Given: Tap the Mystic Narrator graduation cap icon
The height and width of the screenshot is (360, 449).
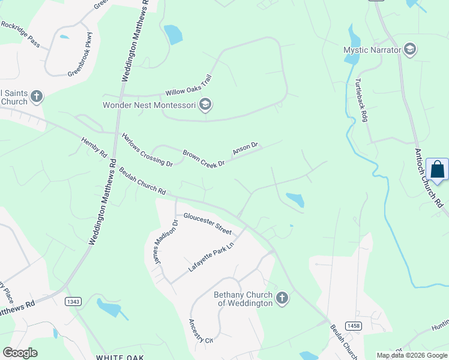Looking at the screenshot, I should [411, 50].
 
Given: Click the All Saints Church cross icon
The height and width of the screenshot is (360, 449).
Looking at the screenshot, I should [37, 97].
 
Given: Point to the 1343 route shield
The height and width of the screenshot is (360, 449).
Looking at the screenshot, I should [73, 301].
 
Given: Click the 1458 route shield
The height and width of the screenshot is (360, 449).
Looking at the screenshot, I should [354, 325].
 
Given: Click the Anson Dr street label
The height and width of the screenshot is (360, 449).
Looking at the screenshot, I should [245, 149].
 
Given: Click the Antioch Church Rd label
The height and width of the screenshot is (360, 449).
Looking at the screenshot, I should [428, 178].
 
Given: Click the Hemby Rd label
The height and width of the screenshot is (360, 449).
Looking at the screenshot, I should [94, 147].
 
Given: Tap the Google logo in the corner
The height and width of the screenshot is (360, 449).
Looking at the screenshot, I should [20, 352].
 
